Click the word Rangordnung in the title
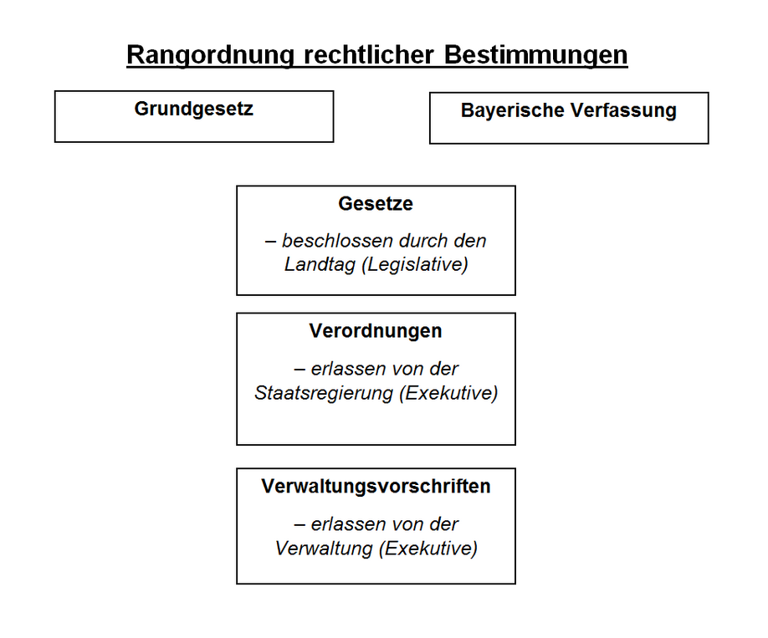point(211,55)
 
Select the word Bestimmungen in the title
point(535,55)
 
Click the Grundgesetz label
point(194,110)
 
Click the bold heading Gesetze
point(376,204)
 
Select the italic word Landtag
point(320,265)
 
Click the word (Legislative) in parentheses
point(415,265)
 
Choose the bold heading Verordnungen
point(376,331)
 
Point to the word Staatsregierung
point(324,393)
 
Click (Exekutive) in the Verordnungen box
point(448,393)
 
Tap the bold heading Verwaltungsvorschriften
point(376,486)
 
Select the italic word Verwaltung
point(324,549)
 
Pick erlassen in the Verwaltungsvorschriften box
point(343,524)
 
